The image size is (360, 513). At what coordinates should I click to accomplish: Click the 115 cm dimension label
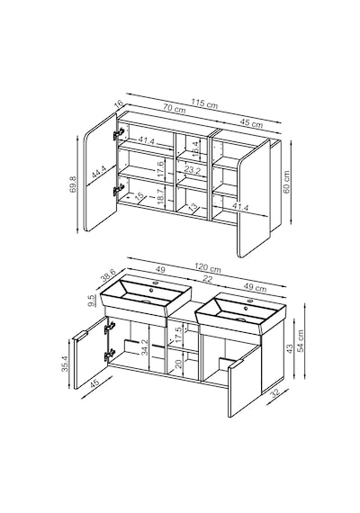[x=204, y=103]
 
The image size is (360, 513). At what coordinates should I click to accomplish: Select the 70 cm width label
[x=175, y=109]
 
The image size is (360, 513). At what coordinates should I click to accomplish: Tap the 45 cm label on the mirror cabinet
[x=251, y=123]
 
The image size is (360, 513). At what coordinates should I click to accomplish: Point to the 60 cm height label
[x=286, y=182]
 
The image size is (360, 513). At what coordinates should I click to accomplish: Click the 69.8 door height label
[x=73, y=184]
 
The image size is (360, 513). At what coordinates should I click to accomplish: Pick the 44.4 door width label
[x=98, y=171]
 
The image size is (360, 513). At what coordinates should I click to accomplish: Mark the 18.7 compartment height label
[x=160, y=197]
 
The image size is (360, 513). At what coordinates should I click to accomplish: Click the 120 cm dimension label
[x=208, y=267]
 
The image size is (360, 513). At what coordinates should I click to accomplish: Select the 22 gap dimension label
[x=208, y=279]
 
